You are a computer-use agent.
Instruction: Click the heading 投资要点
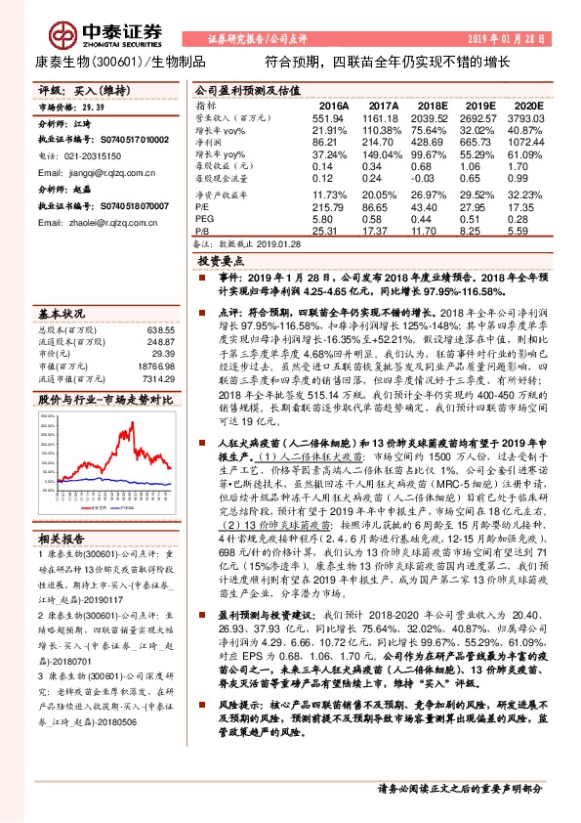point(223,263)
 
